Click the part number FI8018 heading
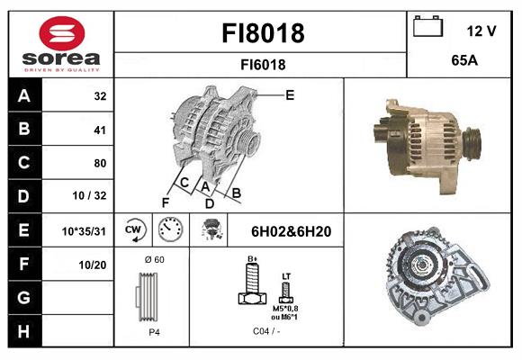263,33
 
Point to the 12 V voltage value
481,31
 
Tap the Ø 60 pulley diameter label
154,259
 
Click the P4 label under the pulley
154,332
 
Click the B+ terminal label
253,260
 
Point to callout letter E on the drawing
290,94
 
